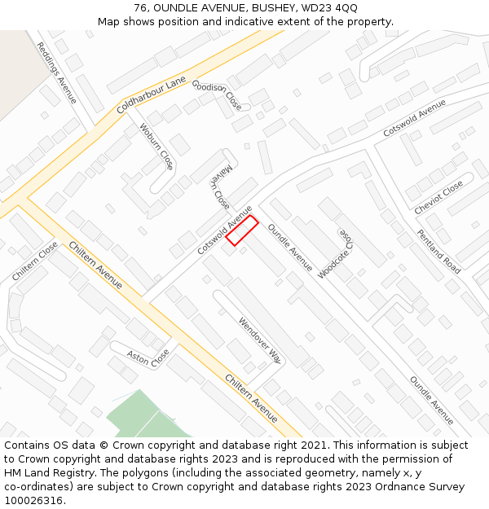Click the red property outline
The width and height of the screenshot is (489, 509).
(x=242, y=230)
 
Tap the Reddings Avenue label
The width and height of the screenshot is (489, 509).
(x=57, y=73)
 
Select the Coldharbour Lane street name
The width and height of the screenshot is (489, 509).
(x=152, y=95)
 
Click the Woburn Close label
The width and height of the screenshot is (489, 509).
(x=156, y=147)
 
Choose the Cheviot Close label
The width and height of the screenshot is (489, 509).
(x=438, y=197)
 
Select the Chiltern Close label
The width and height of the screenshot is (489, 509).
(x=35, y=261)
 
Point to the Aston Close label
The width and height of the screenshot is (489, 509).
(x=148, y=357)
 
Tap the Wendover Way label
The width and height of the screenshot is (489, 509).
(x=260, y=340)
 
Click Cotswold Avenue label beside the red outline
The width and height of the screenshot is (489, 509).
(x=224, y=231)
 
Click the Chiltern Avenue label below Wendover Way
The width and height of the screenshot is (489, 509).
(x=252, y=399)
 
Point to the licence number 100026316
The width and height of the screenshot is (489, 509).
(x=35, y=501)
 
